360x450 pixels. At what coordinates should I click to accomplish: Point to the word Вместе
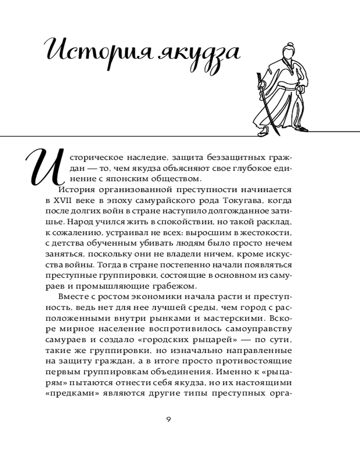[x=74, y=297]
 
